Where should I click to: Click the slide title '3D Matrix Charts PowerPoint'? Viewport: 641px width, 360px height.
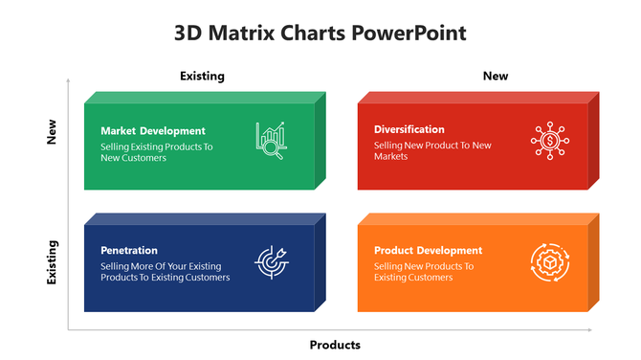[320, 33]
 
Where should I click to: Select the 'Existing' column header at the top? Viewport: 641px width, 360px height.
[202, 76]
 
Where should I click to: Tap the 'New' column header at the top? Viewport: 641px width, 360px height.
[496, 76]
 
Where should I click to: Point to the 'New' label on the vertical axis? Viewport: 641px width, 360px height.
[53, 132]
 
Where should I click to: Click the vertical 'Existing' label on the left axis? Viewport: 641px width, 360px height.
[53, 262]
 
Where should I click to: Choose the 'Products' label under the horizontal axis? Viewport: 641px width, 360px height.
[335, 345]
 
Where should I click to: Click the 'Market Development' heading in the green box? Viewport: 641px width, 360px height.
[153, 131]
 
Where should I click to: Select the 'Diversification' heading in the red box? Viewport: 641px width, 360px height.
[409, 129]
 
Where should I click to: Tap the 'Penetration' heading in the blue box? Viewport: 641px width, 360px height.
[129, 251]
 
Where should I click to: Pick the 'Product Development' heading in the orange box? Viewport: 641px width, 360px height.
[428, 251]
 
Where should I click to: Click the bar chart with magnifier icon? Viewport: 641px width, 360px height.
[270, 139]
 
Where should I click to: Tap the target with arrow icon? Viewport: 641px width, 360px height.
[270, 260]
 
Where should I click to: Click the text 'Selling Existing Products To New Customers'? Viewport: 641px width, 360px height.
[156, 152]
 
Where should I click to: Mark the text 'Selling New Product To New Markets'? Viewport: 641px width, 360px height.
[432, 150]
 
